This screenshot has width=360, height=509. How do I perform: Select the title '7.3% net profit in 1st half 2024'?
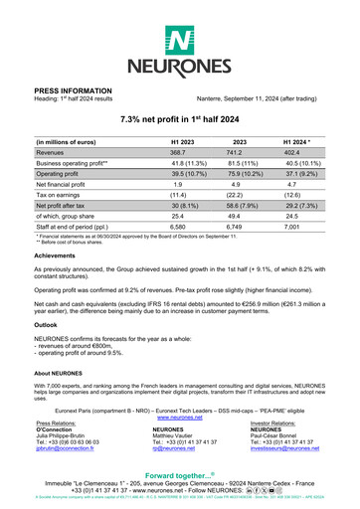click(x=179, y=119)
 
